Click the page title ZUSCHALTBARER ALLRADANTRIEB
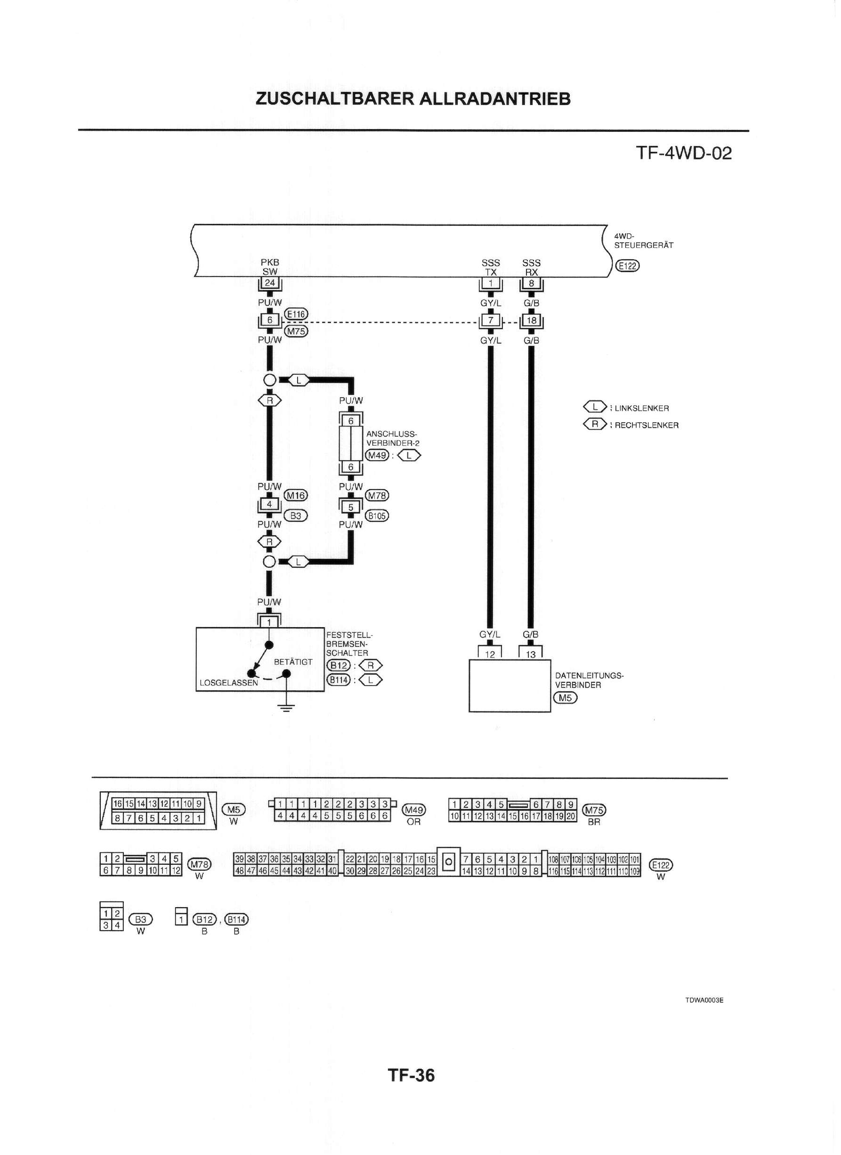(413, 99)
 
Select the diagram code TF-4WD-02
(683, 153)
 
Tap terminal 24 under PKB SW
(270, 283)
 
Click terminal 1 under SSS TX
(491, 283)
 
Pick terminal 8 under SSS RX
(531, 283)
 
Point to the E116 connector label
(296, 314)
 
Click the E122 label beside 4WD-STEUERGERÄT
(627, 265)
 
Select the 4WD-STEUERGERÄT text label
(644, 240)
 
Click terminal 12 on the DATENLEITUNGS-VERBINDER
(490, 655)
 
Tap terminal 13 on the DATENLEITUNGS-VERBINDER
(531, 655)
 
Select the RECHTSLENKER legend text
(647, 426)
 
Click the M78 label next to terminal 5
(377, 495)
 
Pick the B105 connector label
(377, 516)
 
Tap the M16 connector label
(296, 495)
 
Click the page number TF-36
(412, 1075)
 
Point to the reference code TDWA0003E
(704, 1000)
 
